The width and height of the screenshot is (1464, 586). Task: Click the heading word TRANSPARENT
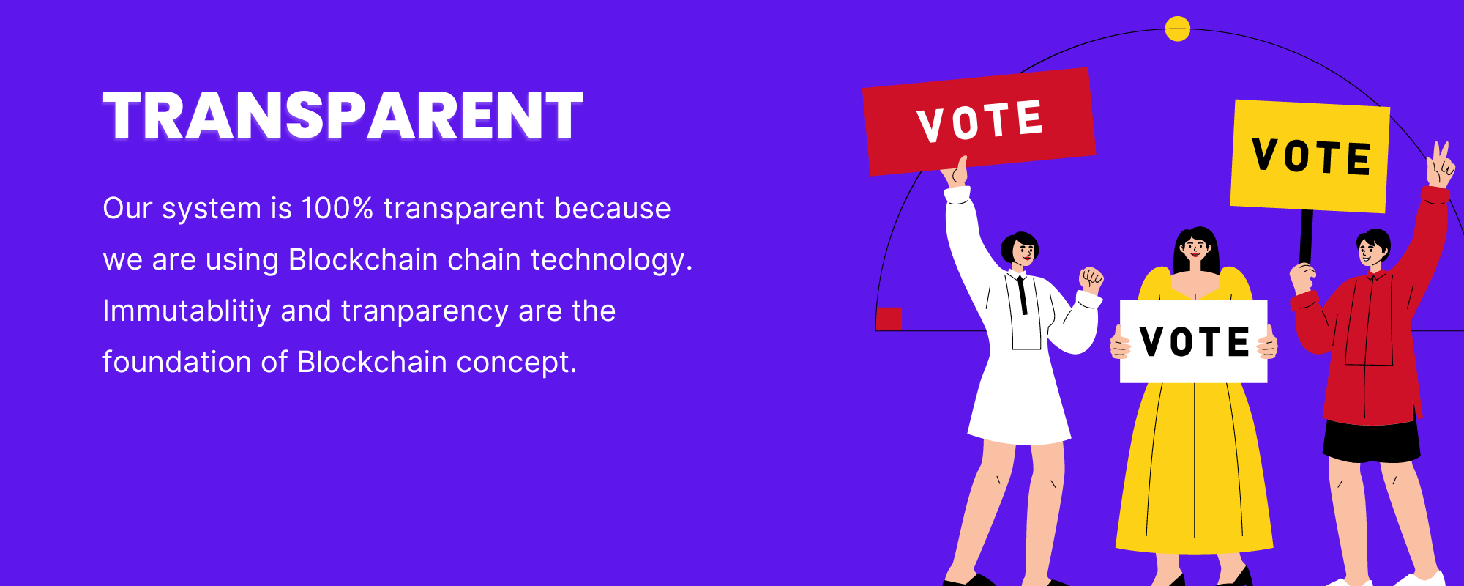pos(343,115)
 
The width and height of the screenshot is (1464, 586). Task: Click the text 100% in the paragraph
pos(337,208)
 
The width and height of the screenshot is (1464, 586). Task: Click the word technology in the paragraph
pos(608,260)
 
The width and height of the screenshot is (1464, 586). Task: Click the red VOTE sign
pos(979,121)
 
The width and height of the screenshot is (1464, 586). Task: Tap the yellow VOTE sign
pos(1310,156)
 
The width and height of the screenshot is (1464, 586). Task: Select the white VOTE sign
pos(1194,341)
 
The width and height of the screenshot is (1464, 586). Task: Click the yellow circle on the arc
pos(1177,29)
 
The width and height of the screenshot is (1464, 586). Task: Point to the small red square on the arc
pos(889,319)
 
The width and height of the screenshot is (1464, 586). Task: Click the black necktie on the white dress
pos(1023,295)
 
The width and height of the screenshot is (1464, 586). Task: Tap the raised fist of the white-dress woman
pos(1091,280)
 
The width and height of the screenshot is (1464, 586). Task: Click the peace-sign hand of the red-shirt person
pos(1440,166)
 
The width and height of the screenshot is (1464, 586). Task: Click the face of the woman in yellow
pos(1195,250)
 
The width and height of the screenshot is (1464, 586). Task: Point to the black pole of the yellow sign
pos(1306,237)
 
